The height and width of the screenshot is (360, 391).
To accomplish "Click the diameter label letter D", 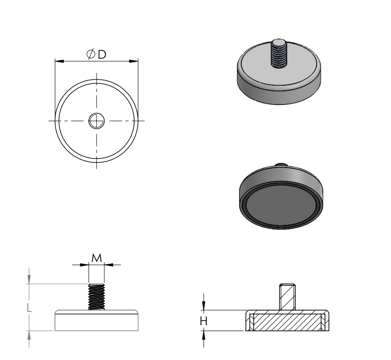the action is point(102,54).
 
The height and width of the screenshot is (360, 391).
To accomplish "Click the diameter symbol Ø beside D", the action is point(91,54).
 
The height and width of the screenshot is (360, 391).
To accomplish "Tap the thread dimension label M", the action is point(97,258).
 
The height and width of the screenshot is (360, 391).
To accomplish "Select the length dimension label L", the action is point(29,308).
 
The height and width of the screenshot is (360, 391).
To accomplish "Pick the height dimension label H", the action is point(203,321).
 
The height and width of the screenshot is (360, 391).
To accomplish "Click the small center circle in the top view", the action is point(97,121).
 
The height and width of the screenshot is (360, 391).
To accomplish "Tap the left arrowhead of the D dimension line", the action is point(60,61).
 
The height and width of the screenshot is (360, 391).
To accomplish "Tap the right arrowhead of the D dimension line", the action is point(134,61).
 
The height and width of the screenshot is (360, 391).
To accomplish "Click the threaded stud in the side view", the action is point(97,297).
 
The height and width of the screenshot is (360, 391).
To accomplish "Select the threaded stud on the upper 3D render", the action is point(279,54).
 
